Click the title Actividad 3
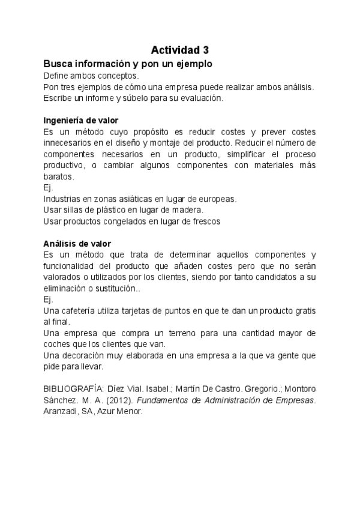point(179,50)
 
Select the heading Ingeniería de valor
point(81,120)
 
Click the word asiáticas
point(127,198)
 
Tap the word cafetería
point(81,310)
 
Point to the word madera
point(190,209)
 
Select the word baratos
point(58,176)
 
